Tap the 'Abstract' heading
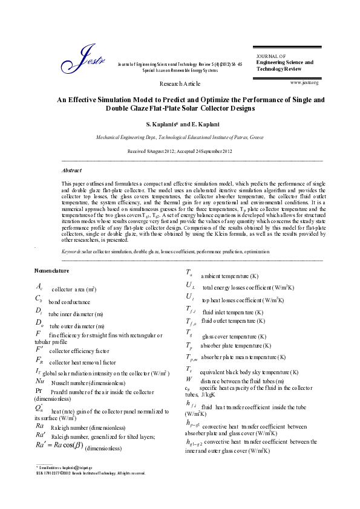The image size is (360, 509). tap(71, 170)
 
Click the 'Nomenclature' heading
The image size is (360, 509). tap(52, 270)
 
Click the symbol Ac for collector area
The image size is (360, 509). tap(39, 287)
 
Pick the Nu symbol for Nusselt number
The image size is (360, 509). tap(40, 382)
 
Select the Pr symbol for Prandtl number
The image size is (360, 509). tap(39, 391)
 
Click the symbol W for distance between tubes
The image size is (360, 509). tap(189, 380)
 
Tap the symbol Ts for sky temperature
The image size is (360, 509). tap(189, 369)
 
